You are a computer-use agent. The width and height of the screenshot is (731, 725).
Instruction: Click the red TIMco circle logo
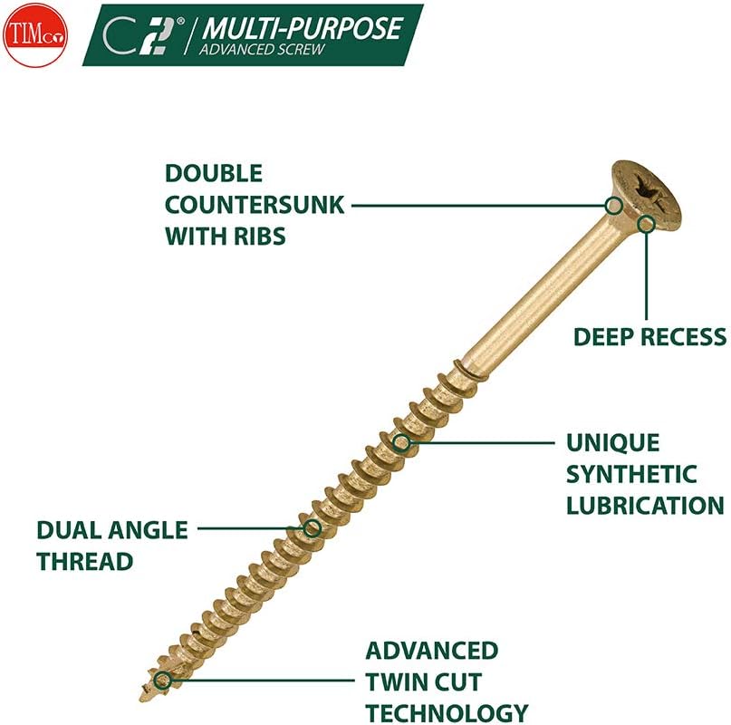coord(34,34)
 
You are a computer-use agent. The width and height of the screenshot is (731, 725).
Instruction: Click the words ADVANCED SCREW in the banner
coord(262,49)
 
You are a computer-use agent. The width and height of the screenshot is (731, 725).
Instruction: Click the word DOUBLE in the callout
coord(214,173)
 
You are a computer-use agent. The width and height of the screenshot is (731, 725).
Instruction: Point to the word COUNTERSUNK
coord(255,205)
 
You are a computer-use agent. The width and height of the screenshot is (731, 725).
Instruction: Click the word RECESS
coord(684,337)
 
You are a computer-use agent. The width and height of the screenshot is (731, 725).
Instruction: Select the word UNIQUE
coord(613,443)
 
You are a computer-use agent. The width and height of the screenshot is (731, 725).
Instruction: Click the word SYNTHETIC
coord(632,474)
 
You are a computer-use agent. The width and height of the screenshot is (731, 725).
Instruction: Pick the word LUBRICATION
coord(645,505)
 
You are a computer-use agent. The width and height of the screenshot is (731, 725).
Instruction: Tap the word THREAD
coord(85,561)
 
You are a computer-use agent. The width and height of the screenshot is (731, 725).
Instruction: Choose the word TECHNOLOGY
coord(447,712)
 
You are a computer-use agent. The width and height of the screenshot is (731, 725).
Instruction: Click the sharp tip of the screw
coord(143,698)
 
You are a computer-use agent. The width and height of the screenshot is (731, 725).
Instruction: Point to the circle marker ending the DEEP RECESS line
coord(646,223)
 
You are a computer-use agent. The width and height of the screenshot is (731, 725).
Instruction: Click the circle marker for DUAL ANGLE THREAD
coord(312,527)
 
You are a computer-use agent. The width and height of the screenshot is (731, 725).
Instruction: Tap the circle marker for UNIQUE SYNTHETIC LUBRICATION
coord(402,443)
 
